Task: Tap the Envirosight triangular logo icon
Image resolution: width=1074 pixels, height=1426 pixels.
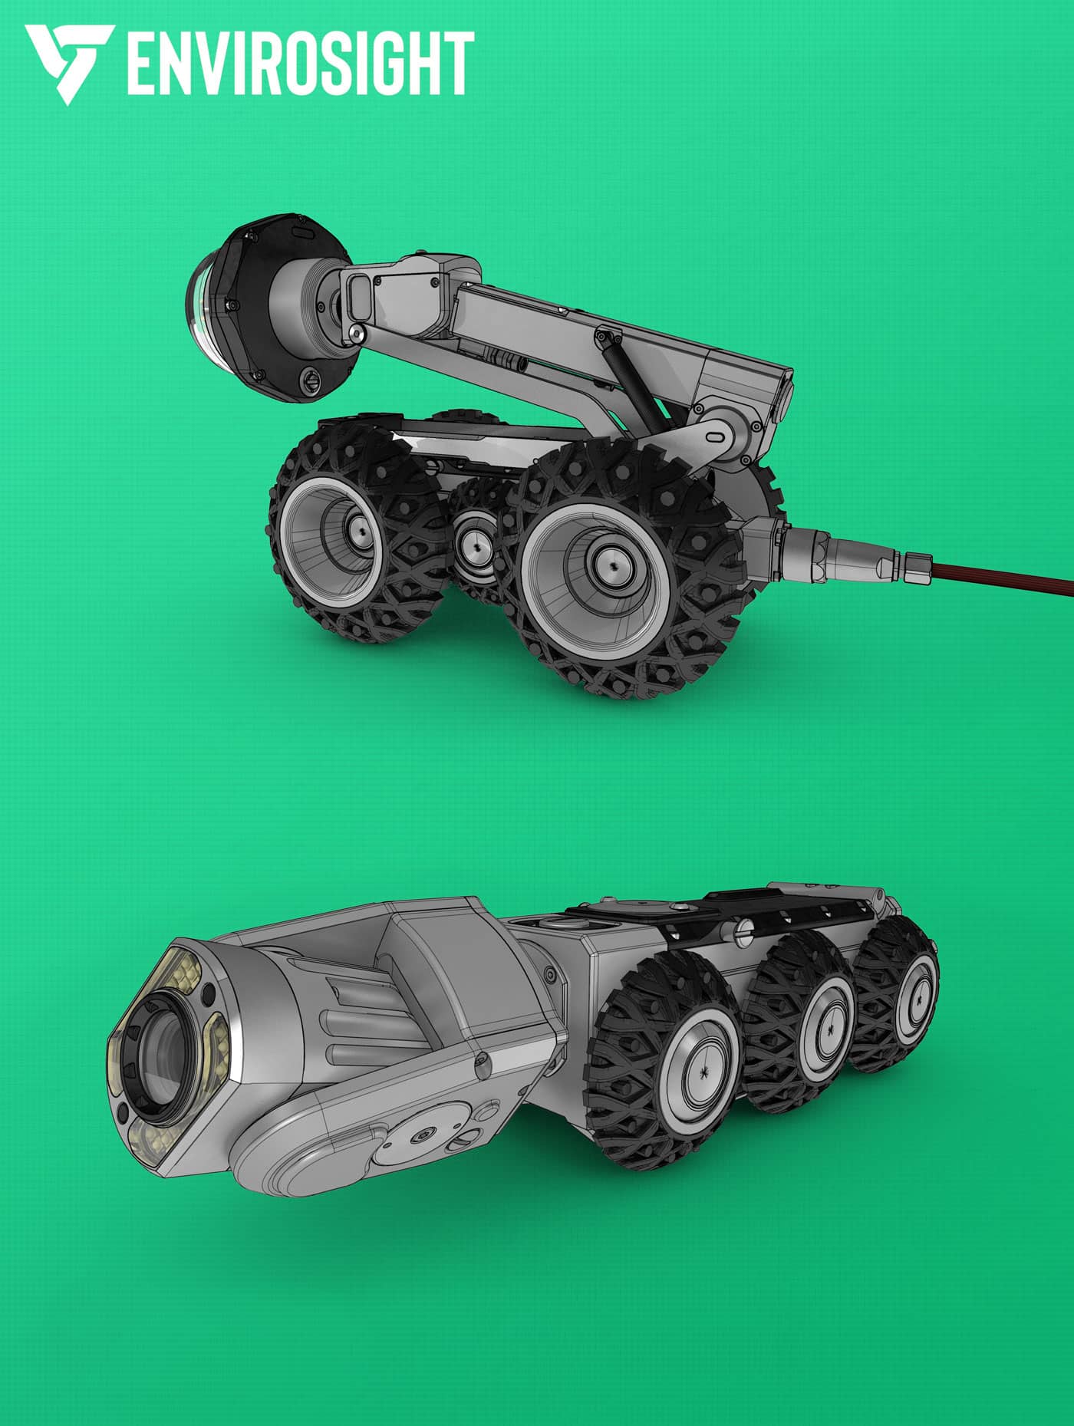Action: pyautogui.click(x=69, y=63)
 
